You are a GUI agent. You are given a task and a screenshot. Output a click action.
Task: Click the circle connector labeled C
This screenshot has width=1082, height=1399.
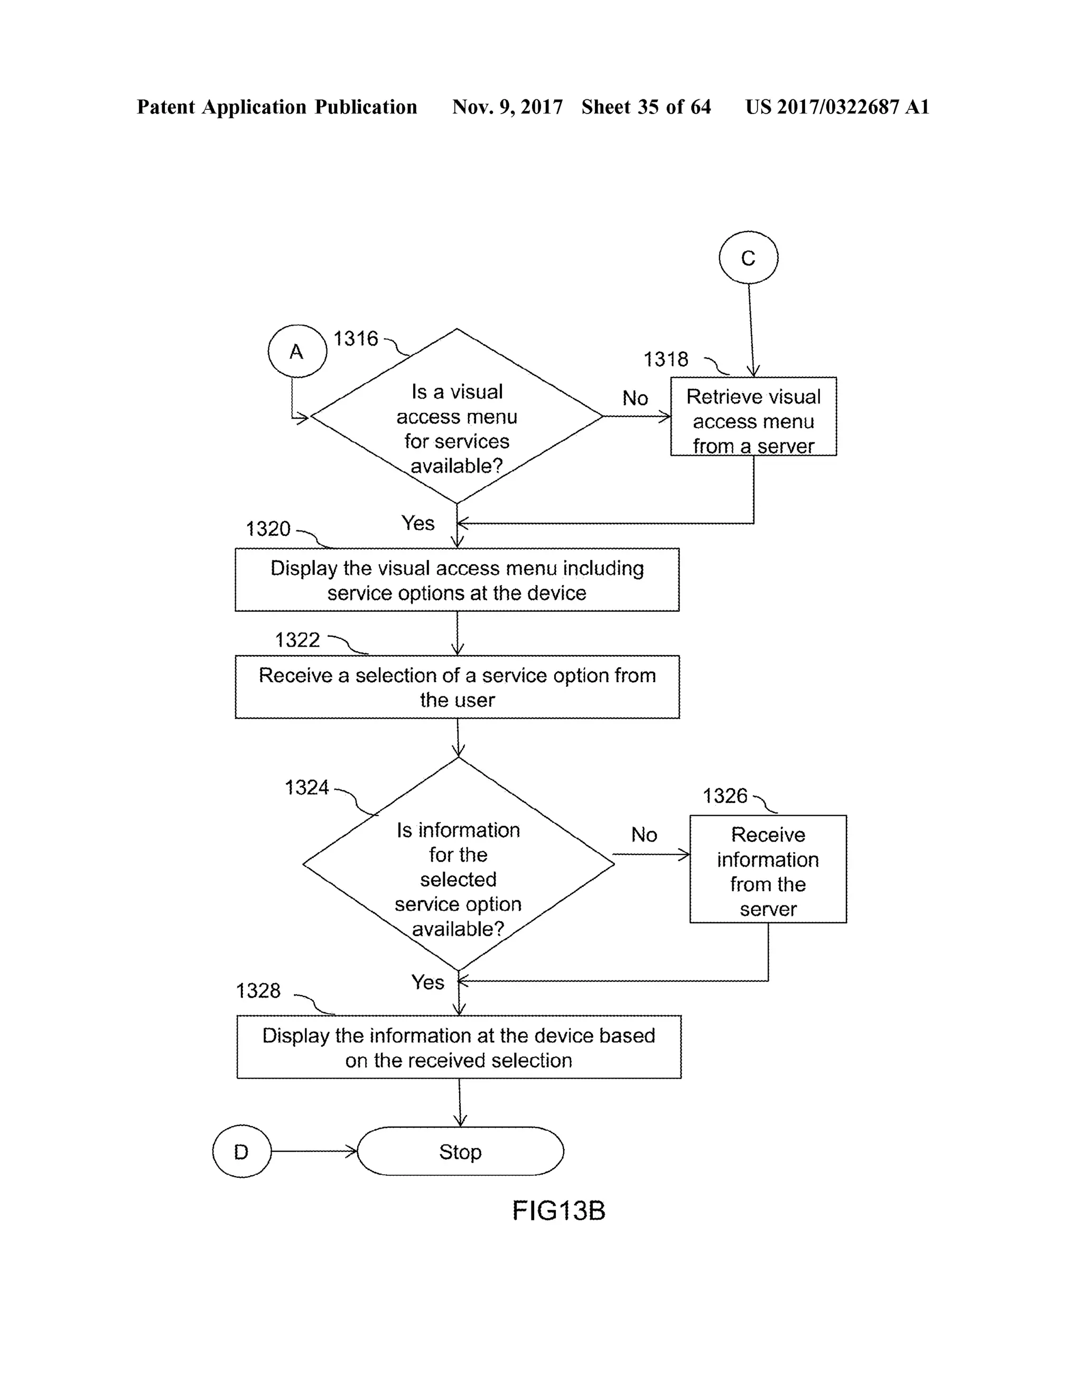(x=748, y=258)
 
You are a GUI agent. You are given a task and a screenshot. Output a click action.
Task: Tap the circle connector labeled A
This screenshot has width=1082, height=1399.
(x=297, y=351)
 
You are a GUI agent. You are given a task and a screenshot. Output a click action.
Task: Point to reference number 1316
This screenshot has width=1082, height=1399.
(x=356, y=338)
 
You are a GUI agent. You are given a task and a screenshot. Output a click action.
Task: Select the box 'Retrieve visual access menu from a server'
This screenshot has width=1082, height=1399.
(x=753, y=417)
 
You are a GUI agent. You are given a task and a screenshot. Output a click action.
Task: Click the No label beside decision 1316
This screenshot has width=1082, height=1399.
(x=635, y=399)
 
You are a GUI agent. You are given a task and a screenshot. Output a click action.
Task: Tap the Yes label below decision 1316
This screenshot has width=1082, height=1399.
(x=418, y=523)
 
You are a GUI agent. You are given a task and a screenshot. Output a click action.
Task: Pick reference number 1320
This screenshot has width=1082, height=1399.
(x=268, y=529)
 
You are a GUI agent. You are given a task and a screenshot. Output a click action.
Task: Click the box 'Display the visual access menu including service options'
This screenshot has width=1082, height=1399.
(x=457, y=580)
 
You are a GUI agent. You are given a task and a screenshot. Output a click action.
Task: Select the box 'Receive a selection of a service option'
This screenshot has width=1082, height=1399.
(x=457, y=687)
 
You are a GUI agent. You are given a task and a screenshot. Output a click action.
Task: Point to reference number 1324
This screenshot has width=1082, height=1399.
(x=306, y=787)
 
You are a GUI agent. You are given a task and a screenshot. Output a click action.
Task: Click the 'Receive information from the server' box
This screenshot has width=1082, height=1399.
(x=768, y=869)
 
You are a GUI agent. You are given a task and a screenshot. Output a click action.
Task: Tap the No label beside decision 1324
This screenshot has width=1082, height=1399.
(x=643, y=835)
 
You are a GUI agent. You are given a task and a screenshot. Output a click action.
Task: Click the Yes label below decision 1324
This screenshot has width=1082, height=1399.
(x=427, y=982)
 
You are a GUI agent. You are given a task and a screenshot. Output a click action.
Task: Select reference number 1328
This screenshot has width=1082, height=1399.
(x=258, y=991)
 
